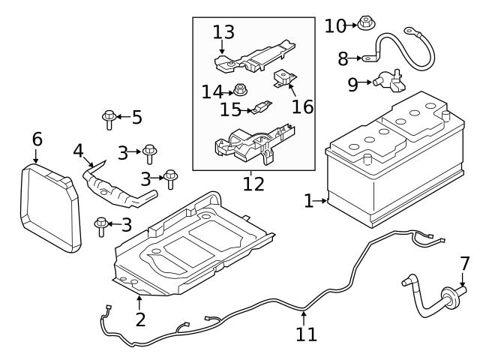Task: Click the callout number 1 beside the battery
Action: pos(307,200)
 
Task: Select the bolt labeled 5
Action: pos(109,118)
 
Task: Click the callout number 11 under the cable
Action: pos(306,334)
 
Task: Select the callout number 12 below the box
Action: pos(253,183)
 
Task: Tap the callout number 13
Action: pos(223,32)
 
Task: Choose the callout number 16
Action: pos(302,106)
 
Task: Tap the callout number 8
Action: pos(343,58)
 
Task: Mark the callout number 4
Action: pos(78,151)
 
